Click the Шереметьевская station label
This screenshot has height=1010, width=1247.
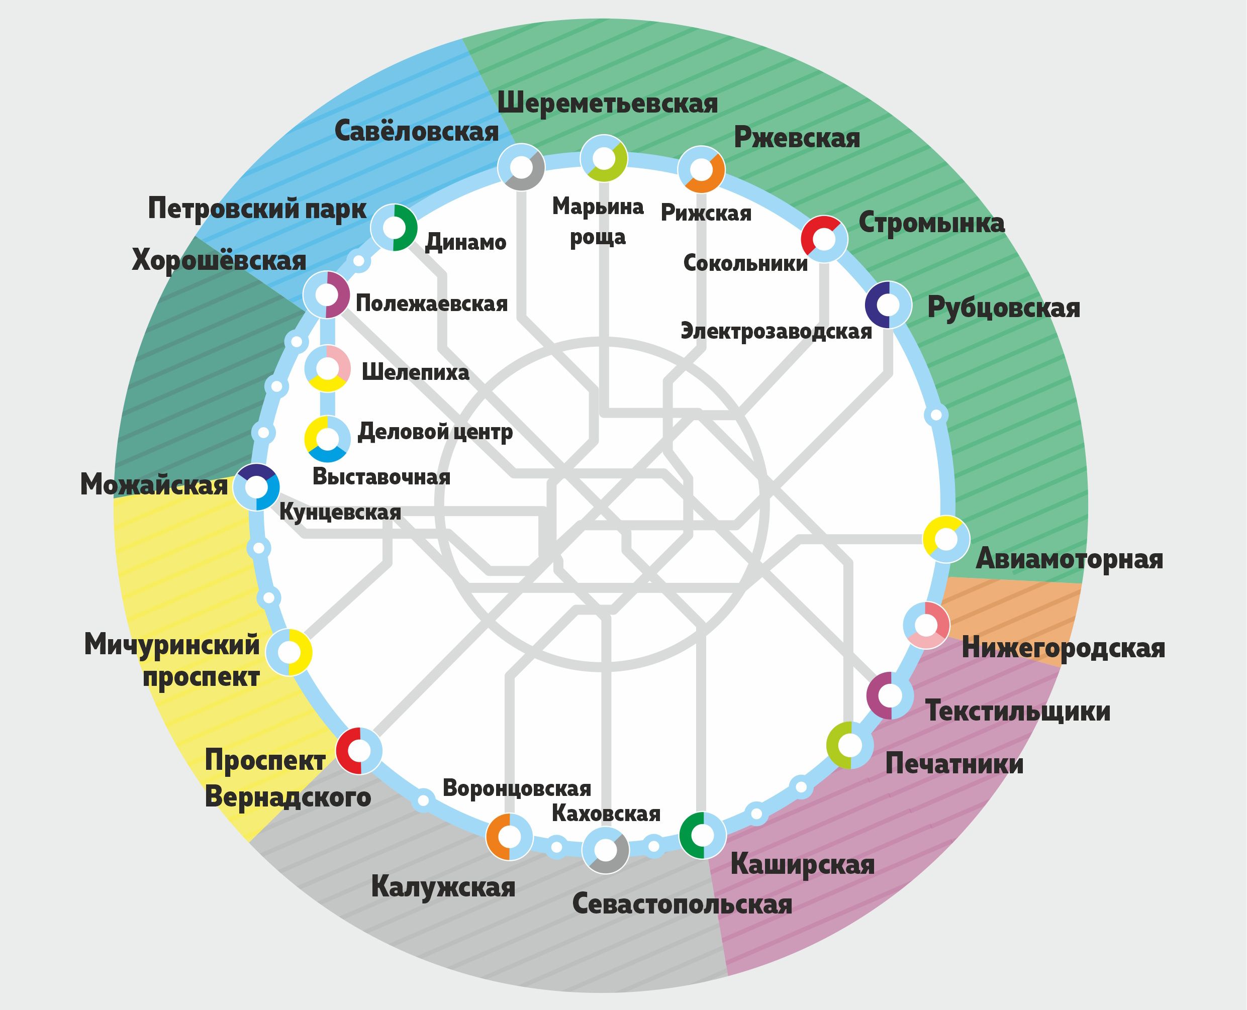click(x=607, y=104)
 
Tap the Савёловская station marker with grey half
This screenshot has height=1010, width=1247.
click(x=521, y=167)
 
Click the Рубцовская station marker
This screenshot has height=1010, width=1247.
click(x=888, y=305)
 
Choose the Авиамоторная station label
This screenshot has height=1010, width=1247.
click(x=1069, y=559)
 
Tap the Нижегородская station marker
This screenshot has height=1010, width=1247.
click(x=926, y=625)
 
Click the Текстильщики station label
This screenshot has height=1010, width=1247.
click(x=1017, y=711)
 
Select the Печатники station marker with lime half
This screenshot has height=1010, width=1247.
click(x=849, y=745)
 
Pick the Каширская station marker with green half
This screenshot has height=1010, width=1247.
click(x=702, y=835)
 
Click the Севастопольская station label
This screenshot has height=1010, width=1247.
click(x=682, y=904)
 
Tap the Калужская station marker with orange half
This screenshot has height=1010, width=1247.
click(x=509, y=837)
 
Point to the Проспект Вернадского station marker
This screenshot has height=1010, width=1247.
click(x=359, y=751)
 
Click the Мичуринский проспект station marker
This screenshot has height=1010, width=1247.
click(x=289, y=652)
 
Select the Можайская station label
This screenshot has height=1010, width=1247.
click(x=154, y=484)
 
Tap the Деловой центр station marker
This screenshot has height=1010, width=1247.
click(x=327, y=439)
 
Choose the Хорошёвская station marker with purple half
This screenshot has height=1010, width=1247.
click(x=326, y=295)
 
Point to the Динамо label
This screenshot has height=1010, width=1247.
click(x=465, y=242)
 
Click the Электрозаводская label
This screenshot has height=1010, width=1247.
click(x=776, y=332)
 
